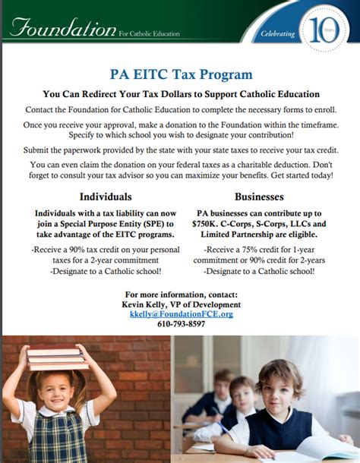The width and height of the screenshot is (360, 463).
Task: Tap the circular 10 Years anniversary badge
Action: [x=318, y=31]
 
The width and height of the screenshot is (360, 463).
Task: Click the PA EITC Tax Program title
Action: [x=180, y=74]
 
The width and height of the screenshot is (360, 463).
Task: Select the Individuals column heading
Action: [x=106, y=196]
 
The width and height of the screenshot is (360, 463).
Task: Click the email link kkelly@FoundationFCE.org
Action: [x=181, y=313]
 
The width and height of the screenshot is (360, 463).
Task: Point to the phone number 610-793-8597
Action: [x=181, y=323]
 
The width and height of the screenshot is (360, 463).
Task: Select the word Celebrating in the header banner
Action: [x=276, y=34]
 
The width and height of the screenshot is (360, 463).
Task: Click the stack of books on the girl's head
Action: [x=54, y=356]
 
